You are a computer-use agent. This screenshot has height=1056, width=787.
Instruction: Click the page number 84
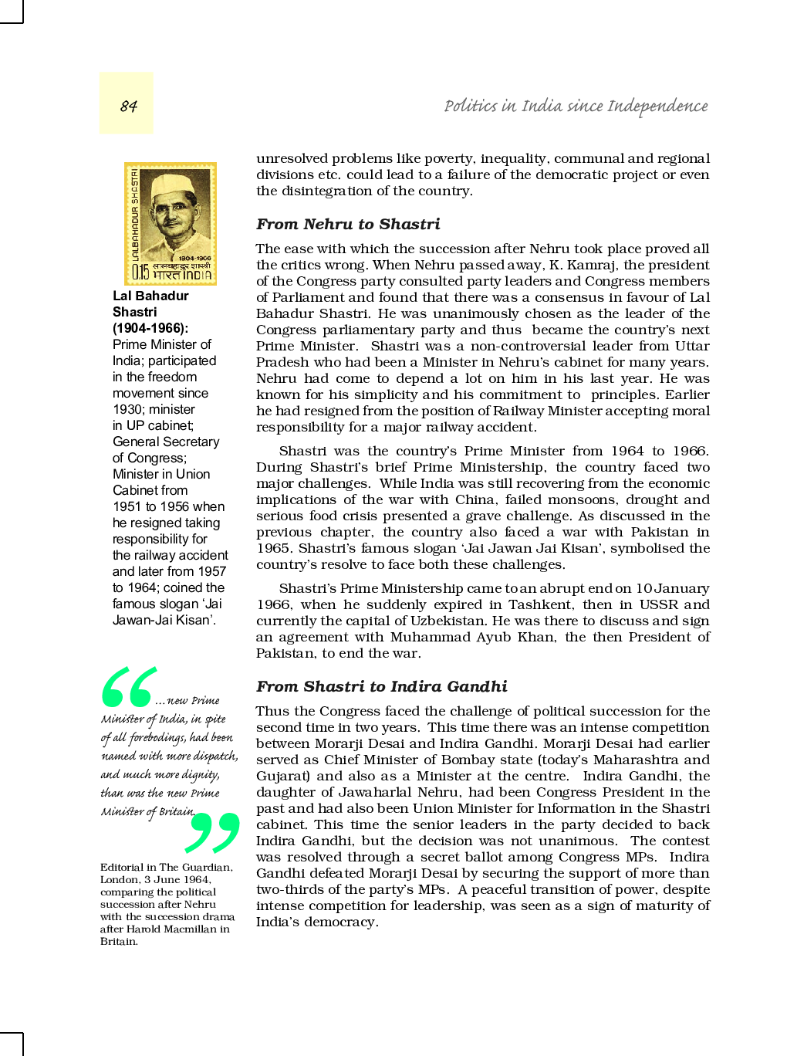[x=128, y=106]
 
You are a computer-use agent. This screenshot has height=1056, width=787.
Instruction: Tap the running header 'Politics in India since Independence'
[x=576, y=106]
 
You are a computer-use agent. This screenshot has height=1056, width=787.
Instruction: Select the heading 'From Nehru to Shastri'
[x=348, y=224]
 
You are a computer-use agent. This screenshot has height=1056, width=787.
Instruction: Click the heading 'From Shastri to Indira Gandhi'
[x=381, y=686]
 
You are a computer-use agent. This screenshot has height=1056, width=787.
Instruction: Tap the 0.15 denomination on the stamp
[x=140, y=272]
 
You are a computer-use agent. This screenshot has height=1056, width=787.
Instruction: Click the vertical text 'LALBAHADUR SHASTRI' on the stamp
[x=134, y=215]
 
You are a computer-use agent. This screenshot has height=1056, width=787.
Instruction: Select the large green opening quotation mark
[x=128, y=687]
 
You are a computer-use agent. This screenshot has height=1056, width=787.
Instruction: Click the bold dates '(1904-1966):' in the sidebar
[x=150, y=328]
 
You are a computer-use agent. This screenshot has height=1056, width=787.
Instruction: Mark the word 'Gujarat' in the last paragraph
[x=281, y=776]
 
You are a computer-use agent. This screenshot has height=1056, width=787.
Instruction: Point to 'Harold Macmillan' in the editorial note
[x=171, y=929]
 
